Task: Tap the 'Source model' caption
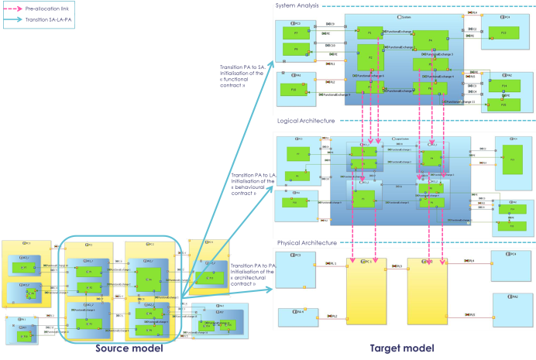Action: [127, 349]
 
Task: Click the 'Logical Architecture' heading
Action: [306, 122]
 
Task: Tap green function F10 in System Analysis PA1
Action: [295, 89]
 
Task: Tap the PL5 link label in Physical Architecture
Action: [472, 315]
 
